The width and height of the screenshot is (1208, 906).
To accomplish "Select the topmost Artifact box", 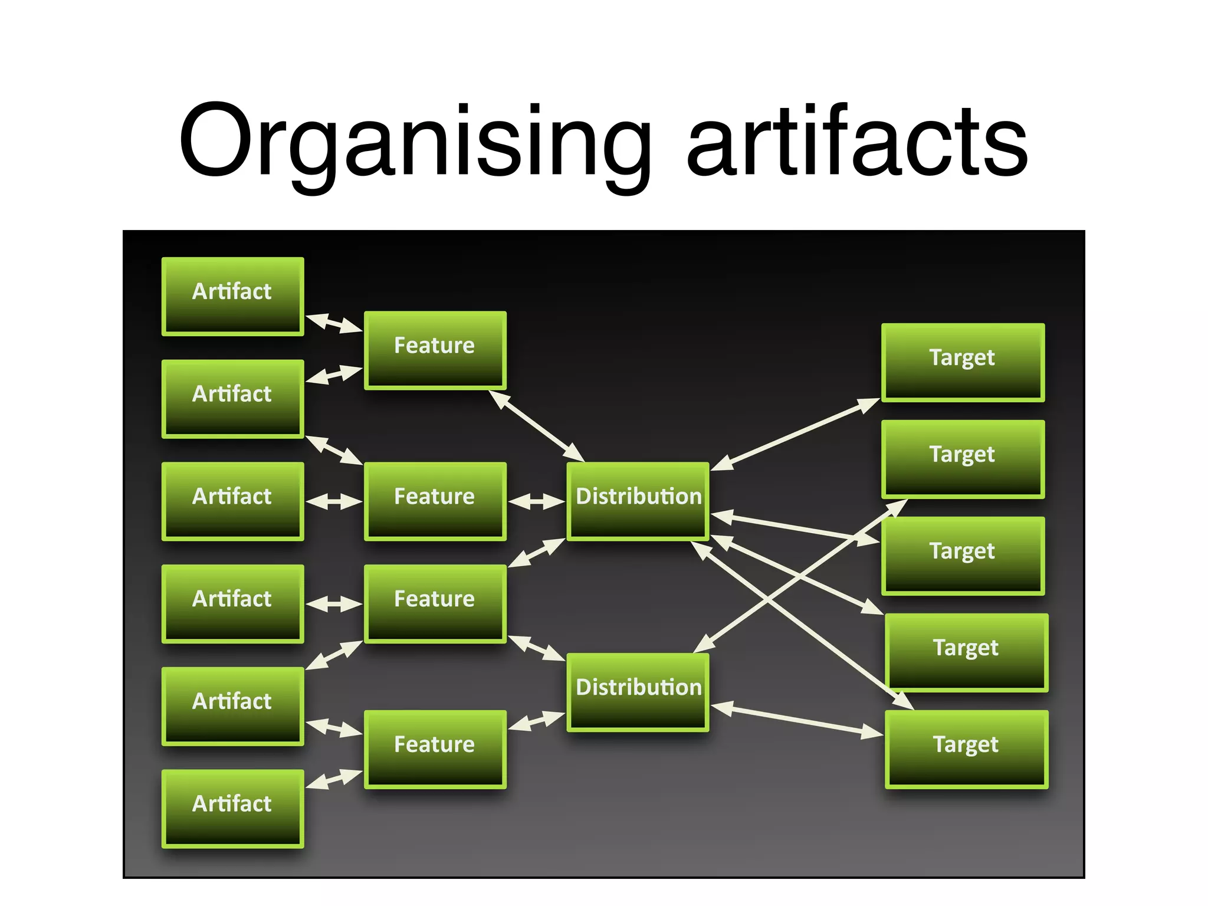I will (232, 296).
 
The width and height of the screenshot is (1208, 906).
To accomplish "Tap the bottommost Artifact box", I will (232, 808).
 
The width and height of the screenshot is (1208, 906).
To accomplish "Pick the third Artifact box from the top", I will (232, 501).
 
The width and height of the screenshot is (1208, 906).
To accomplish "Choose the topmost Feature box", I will (435, 350).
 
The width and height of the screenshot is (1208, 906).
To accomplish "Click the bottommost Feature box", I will (435, 749).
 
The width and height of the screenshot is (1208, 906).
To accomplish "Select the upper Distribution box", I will (638, 501).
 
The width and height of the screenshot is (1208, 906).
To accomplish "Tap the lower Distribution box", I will (638, 691).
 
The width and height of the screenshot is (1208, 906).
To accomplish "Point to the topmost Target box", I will (963, 362).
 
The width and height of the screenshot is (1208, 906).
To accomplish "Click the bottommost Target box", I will (966, 749).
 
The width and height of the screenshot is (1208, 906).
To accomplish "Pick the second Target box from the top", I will (963, 459).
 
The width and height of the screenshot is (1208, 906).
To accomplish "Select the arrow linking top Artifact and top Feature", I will (334, 323).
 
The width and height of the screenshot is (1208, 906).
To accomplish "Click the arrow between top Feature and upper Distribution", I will (537, 425).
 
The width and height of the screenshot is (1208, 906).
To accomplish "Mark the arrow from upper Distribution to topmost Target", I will (795, 435).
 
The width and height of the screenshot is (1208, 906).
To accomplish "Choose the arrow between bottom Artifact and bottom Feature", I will (334, 779).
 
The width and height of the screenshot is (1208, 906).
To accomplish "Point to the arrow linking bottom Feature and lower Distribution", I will (536, 721).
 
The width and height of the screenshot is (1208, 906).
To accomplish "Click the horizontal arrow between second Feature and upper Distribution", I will (536, 501).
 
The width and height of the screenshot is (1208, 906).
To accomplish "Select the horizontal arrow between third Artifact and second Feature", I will (334, 501).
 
